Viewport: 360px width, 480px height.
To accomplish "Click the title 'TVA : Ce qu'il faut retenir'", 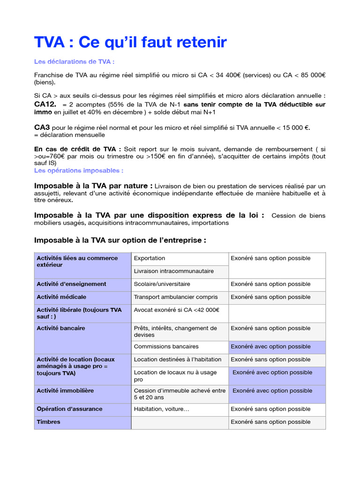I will (130, 43).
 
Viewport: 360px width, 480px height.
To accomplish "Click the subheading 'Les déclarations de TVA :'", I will (75, 62).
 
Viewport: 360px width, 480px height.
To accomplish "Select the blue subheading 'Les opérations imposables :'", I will (79, 171).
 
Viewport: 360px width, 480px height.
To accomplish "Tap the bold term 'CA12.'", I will (45, 104).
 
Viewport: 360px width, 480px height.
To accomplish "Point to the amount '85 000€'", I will (312, 75).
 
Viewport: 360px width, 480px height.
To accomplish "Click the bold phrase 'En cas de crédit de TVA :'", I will (78, 149).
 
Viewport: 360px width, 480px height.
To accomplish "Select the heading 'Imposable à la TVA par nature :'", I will (93, 186).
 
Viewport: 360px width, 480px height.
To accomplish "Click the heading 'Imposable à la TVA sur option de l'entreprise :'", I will (120, 240).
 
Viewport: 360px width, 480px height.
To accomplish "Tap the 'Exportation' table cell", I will (150, 258).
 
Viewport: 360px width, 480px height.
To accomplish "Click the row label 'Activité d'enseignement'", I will (71, 284).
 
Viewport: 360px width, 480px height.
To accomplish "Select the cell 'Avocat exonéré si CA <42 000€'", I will (177, 310).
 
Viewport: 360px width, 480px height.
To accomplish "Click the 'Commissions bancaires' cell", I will (166, 346).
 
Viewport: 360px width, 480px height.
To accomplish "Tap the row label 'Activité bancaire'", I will (61, 328).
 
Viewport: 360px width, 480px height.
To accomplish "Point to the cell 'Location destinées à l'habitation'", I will (178, 360).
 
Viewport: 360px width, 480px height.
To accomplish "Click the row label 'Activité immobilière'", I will (65, 390).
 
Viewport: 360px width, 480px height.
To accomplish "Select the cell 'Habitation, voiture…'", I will (162, 409).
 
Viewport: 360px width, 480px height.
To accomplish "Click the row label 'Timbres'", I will (48, 422).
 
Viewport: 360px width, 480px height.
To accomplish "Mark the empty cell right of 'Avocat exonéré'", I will (276, 313).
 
